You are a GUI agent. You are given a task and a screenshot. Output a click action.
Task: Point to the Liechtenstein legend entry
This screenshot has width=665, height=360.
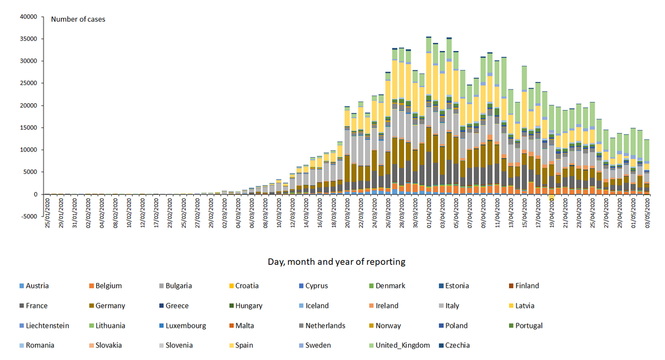point(47,326)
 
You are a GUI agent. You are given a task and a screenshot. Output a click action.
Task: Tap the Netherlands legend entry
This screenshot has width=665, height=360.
point(325,326)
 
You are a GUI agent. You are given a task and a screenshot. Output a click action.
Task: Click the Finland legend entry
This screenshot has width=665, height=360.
point(526,286)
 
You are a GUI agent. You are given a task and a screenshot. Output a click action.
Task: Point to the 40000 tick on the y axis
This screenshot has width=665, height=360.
point(28,17)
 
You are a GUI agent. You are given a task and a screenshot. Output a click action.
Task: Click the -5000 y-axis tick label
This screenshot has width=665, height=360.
point(28,216)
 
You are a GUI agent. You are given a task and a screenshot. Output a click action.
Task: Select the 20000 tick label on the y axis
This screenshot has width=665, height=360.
point(28,105)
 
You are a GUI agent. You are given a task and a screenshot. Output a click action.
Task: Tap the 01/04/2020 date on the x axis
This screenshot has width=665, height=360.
point(429,214)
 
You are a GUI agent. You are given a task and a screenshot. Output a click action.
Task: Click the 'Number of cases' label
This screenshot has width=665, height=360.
point(78,19)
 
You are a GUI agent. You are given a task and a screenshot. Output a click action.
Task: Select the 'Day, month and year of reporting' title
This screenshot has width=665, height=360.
point(336,262)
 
